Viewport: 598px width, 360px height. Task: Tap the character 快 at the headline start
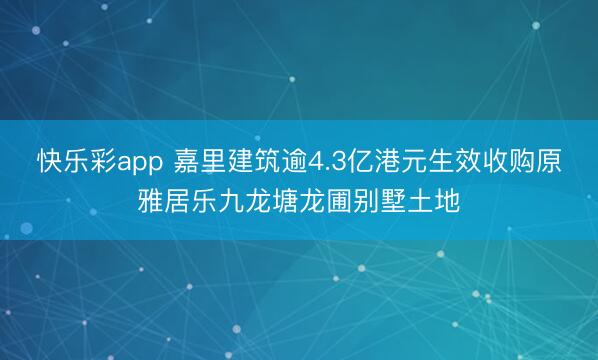click(x=46, y=160)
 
